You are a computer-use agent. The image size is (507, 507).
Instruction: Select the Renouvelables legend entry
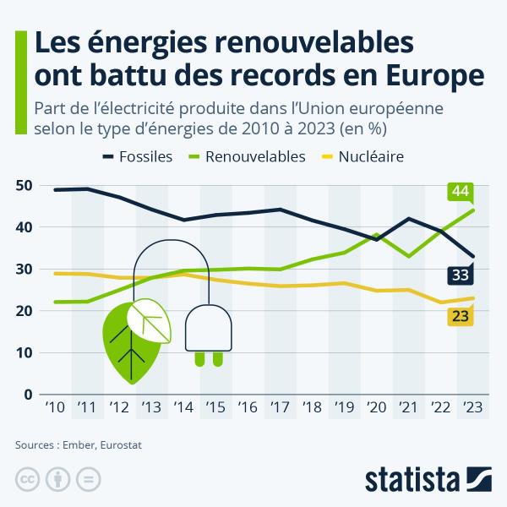pos(246,156)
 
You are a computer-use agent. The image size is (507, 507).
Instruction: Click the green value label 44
pos(461,192)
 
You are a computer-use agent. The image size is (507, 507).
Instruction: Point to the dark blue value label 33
pos(461,275)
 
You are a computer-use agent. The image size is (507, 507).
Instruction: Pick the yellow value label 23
pos(461,317)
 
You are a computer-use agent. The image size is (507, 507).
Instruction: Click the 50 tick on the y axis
pos(24,185)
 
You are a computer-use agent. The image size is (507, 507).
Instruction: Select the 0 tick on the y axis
pos(28,395)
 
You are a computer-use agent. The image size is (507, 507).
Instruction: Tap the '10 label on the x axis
pos(54,408)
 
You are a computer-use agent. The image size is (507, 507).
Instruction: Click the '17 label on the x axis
pos(279,408)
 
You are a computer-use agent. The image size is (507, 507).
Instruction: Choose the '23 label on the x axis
pos(472,408)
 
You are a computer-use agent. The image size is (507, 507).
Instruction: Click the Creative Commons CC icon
pos(28,479)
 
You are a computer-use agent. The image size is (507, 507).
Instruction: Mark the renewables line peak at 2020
pos(376,234)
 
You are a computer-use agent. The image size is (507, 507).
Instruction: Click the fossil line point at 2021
pos(408,219)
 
